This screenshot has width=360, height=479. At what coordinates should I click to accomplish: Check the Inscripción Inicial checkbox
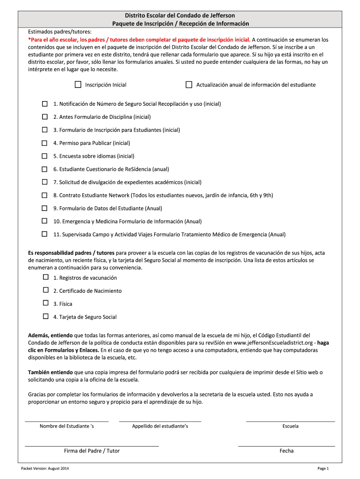click(x=78, y=85)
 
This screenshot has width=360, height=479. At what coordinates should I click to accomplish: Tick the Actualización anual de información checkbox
click(x=189, y=85)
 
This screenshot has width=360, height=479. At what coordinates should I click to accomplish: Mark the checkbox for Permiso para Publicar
click(x=45, y=143)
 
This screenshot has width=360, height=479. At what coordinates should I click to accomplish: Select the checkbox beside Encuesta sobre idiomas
click(x=45, y=156)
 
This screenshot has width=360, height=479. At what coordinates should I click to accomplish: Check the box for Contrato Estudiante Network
click(x=45, y=195)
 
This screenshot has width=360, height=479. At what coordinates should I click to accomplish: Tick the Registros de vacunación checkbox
click(x=46, y=277)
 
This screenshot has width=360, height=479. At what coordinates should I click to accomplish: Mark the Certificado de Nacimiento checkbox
click(x=46, y=290)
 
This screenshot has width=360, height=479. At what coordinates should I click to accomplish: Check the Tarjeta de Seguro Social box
click(x=46, y=317)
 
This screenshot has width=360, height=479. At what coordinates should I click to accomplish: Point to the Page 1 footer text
click(x=323, y=468)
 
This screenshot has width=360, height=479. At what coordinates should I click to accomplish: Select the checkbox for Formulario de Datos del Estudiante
click(x=45, y=208)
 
